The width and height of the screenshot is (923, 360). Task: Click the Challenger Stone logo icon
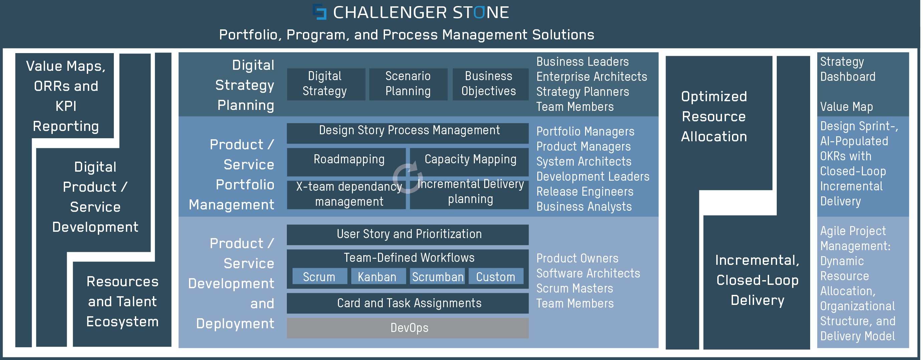(x=320, y=12)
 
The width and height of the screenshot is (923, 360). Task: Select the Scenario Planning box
(x=408, y=84)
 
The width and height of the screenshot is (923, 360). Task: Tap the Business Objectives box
(x=490, y=84)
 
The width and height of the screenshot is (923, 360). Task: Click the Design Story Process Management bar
(x=407, y=133)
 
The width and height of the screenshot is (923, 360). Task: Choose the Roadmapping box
(x=346, y=162)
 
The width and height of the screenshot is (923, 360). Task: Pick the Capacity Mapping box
(x=470, y=162)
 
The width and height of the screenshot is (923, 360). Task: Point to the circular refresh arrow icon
(x=408, y=178)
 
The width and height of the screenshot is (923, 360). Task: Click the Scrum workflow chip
(x=320, y=276)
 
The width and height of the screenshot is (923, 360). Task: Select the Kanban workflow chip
(x=378, y=276)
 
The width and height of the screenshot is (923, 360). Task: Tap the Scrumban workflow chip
(x=437, y=276)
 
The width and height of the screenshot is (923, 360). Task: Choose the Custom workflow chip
(x=496, y=276)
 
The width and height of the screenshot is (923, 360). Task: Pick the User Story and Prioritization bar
(x=407, y=235)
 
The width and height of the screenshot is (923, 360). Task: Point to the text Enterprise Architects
(x=591, y=77)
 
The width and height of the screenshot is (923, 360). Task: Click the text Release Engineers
(x=585, y=192)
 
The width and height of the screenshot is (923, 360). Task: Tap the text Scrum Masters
(x=574, y=288)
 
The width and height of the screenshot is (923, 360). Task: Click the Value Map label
(x=846, y=107)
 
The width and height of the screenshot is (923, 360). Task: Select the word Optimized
(x=714, y=97)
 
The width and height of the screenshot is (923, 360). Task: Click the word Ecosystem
(x=122, y=322)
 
